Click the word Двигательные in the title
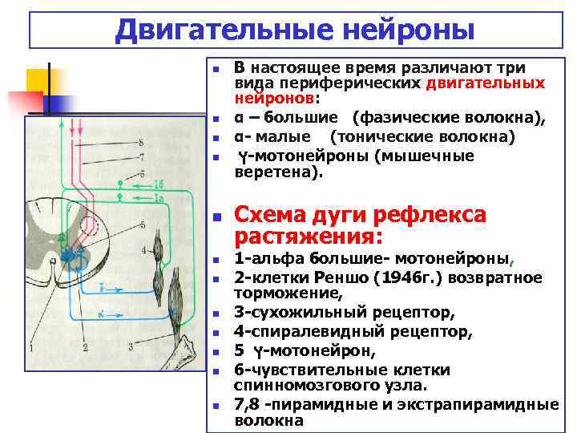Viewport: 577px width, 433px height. (212, 30)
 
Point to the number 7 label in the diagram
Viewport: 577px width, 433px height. (142, 158)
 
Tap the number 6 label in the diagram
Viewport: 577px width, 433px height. (142, 173)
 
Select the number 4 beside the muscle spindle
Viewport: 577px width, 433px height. (143, 251)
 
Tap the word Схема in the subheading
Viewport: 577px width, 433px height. (268, 216)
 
